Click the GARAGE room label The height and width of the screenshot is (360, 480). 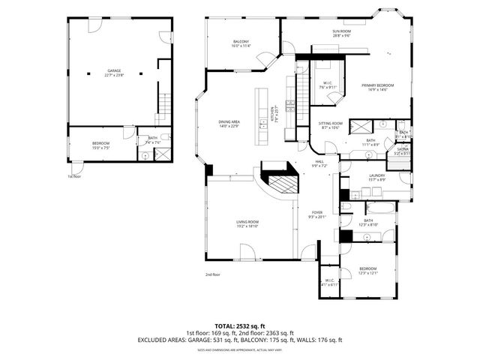[113, 70]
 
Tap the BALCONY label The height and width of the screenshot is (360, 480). [241, 41]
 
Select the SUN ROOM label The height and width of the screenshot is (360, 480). [341, 31]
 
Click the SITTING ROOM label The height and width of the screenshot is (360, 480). [330, 123]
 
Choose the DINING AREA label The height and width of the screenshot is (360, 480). [229, 121]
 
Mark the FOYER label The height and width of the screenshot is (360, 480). [318, 212]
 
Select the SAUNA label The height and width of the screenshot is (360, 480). [402, 150]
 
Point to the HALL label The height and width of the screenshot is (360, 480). [319, 161]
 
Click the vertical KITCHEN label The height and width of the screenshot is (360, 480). [272, 114]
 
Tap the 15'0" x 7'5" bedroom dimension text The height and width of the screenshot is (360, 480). [100, 148]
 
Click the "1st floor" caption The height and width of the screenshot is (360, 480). [73, 177]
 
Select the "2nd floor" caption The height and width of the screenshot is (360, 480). [213, 274]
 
